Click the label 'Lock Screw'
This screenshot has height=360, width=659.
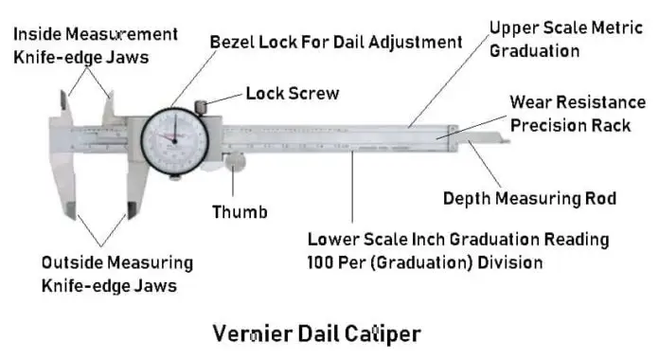pyautogui.click(x=292, y=94)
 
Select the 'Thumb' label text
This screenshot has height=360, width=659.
pyautogui.click(x=240, y=211)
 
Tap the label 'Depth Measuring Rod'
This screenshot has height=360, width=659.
pyautogui.click(x=530, y=199)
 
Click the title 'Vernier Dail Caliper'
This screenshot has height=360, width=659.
pyautogui.click(x=317, y=333)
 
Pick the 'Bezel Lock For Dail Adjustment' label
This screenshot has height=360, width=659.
pyautogui.click(x=336, y=42)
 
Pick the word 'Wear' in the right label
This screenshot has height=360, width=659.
pyautogui.click(x=531, y=100)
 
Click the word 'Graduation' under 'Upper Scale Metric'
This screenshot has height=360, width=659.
pyautogui.click(x=534, y=51)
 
